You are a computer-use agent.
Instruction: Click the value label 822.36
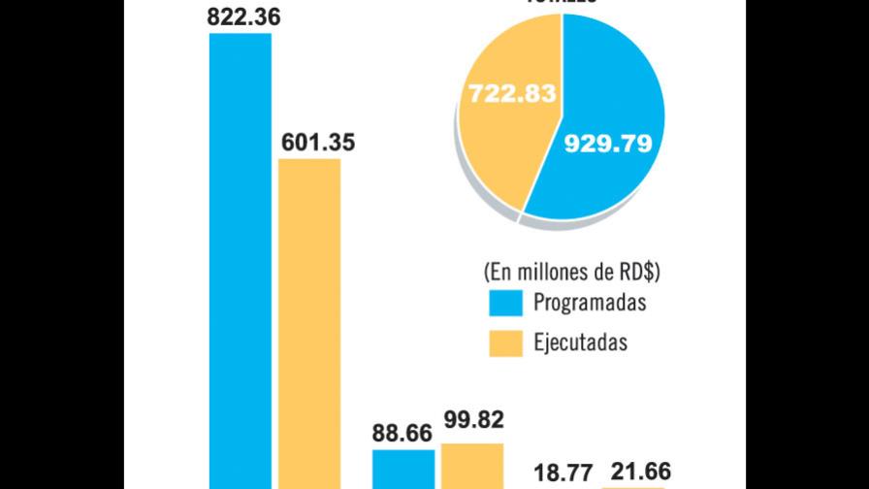(x=240, y=16)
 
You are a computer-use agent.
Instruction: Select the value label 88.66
(x=402, y=433)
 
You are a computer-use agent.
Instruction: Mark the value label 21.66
(x=636, y=472)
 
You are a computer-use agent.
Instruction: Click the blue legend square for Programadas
(x=504, y=304)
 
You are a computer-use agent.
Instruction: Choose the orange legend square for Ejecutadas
(x=504, y=343)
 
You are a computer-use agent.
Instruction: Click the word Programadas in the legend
(x=590, y=303)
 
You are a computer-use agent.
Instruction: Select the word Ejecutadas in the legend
(x=581, y=342)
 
